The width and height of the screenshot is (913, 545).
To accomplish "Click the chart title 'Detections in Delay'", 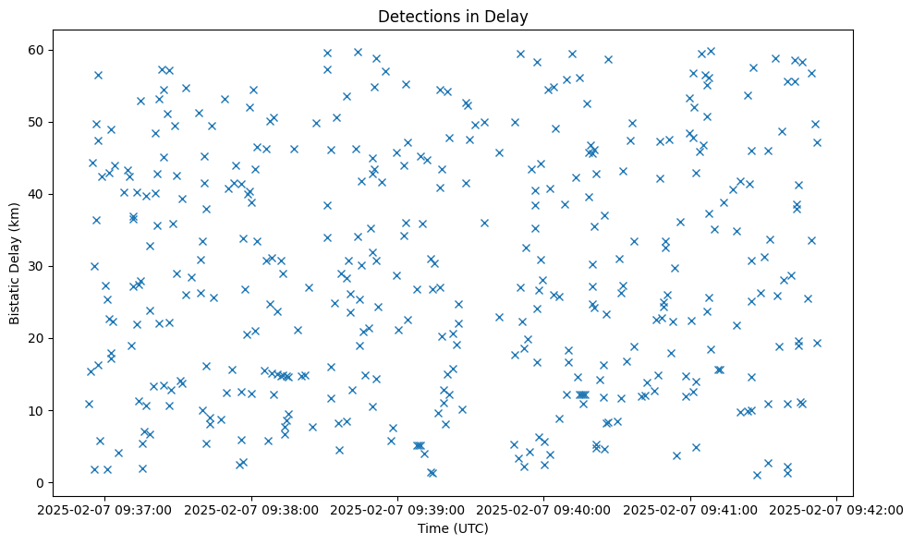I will tap(453, 16).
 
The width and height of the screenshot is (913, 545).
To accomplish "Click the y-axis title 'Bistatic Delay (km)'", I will tap(15, 263).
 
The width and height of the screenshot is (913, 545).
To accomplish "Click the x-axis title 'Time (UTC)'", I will tap(453, 528).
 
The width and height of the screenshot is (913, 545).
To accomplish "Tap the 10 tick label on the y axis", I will tap(38, 410).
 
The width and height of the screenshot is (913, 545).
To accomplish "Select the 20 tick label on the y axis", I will tap(38, 338).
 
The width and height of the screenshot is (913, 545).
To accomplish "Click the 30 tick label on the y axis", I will tap(38, 266).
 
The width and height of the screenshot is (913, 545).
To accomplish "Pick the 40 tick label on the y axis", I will tap(38, 194).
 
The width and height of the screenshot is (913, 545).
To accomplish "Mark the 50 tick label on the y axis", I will tap(38, 122).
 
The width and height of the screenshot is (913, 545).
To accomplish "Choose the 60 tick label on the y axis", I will tap(38, 50).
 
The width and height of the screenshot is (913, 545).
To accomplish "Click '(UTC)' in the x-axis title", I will tap(470, 528).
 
